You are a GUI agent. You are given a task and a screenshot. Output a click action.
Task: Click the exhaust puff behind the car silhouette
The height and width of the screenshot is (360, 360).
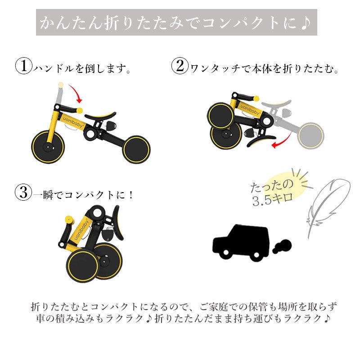281,247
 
